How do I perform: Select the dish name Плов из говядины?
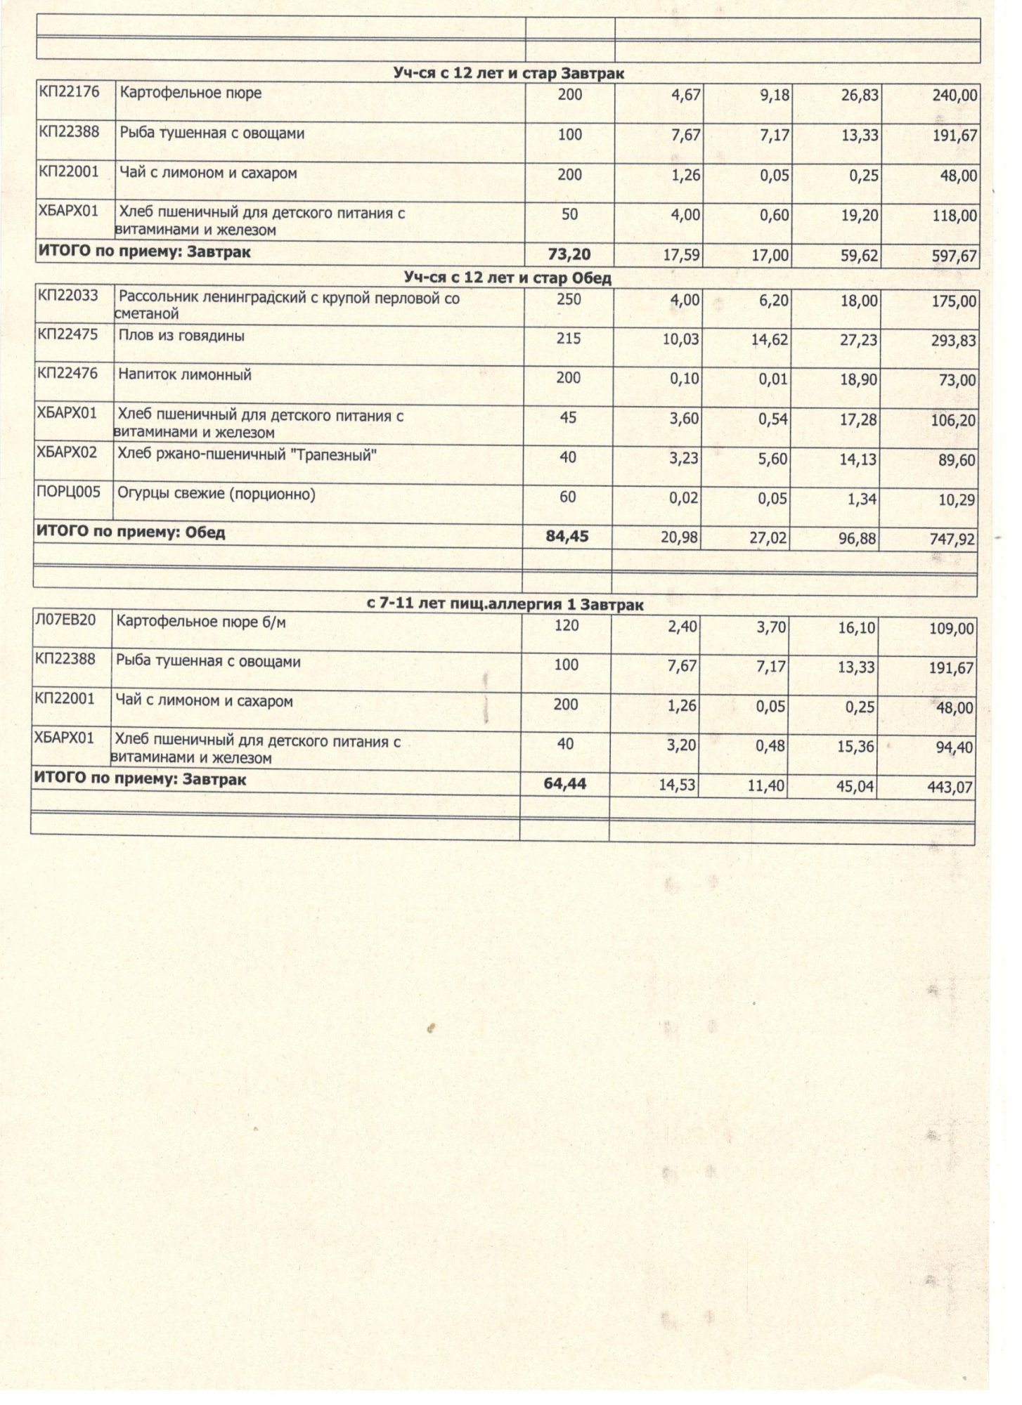pos(181,336)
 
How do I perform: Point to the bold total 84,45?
pos(567,537)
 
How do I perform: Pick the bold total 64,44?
pos(564,783)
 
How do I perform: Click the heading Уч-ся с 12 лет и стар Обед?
pos(507,277)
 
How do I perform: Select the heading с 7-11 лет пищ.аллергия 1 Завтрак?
pos(505,604)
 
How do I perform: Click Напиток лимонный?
pos(184,375)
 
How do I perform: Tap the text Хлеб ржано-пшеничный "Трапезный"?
pos(247,455)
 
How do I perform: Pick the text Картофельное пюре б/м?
pos(200,622)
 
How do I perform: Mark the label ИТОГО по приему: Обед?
pos(130,532)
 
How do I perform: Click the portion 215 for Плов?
pos(569,339)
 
